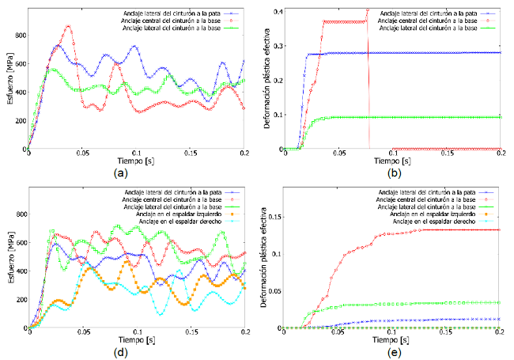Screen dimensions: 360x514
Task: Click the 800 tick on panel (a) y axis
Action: [19, 36]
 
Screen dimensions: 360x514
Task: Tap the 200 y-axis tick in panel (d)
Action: [19, 299]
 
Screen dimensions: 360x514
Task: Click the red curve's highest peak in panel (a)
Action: [68, 26]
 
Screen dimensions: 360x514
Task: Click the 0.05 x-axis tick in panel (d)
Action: [83, 333]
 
